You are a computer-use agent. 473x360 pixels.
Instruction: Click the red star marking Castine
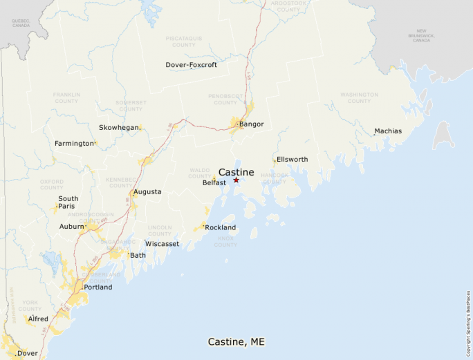[236, 180]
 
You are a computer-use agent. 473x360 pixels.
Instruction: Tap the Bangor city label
[251, 124]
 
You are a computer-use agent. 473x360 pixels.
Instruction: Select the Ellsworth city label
[292, 160]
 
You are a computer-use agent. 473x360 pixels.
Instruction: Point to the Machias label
[387, 131]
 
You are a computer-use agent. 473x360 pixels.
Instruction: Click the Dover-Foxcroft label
[191, 65]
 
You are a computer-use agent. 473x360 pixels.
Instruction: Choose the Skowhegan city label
[119, 128]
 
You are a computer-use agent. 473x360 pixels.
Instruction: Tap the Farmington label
[74, 144]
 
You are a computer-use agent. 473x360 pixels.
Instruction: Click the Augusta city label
[147, 191]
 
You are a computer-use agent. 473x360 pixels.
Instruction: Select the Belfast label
[214, 183]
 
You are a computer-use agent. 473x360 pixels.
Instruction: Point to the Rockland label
[220, 227]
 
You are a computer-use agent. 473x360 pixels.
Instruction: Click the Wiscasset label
[162, 244]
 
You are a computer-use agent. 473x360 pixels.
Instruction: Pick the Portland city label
[98, 287]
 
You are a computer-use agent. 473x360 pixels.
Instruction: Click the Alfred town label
[38, 319]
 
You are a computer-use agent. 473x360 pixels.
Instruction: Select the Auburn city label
[71, 226]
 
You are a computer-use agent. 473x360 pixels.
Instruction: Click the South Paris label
[68, 202]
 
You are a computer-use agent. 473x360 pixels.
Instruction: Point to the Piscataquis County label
[184, 41]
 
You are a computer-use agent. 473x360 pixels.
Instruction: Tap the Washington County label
[359, 98]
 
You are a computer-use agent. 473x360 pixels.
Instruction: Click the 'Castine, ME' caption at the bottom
[236, 342]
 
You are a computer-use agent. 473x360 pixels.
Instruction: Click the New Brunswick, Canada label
[421, 36]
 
